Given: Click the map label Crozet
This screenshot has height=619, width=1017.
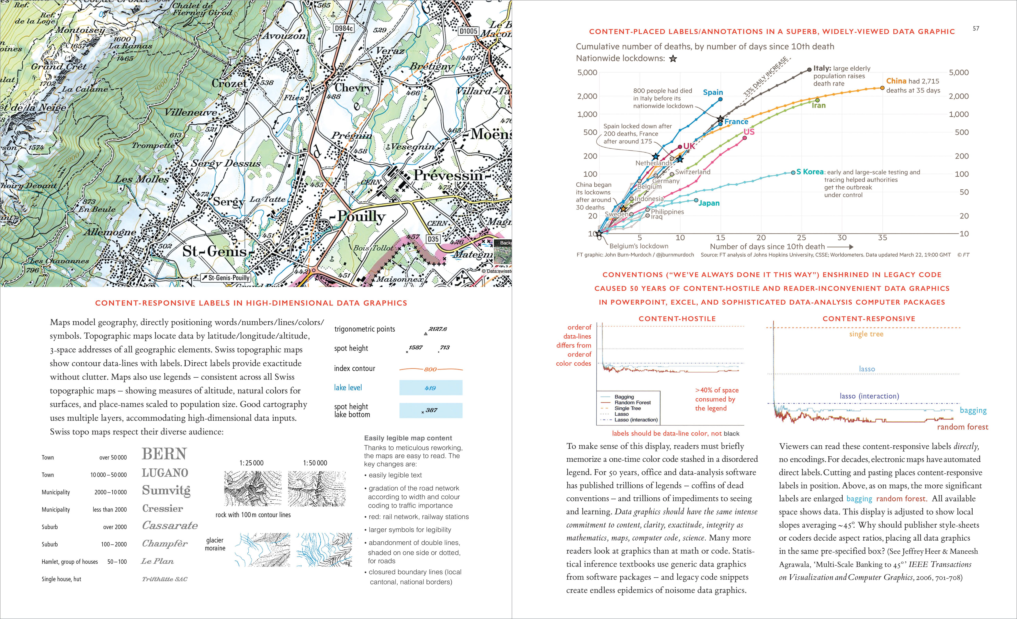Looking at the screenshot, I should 229,83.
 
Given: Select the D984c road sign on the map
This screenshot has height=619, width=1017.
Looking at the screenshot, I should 343,28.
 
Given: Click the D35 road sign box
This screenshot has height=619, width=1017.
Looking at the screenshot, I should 433,239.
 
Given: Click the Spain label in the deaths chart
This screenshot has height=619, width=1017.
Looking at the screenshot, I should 713,92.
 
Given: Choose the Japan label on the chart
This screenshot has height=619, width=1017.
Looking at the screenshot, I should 709,203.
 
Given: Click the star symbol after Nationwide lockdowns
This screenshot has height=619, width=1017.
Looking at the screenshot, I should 673,59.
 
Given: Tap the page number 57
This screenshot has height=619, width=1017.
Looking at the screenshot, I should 976,28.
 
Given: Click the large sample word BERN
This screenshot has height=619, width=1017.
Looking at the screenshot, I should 164,454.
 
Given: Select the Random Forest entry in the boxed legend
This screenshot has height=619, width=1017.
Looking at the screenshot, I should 632,402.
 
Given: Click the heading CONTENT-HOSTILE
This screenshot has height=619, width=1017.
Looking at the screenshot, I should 677,319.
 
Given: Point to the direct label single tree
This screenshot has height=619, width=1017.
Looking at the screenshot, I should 866,334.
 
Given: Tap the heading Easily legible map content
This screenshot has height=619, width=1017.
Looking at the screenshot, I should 408,438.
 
